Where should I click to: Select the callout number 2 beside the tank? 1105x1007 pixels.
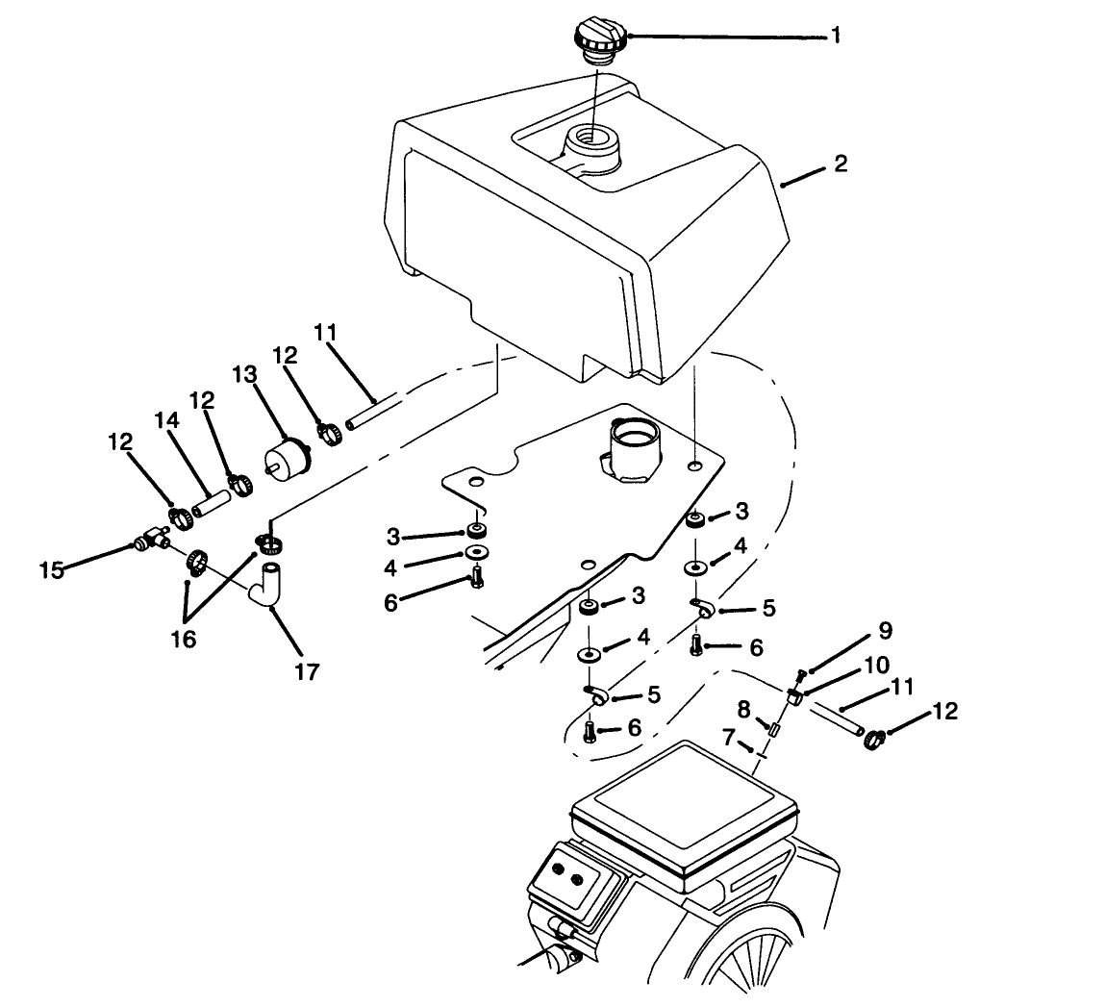pyautogui.click(x=841, y=164)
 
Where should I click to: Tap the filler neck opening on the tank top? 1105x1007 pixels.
pyautogui.click(x=591, y=140)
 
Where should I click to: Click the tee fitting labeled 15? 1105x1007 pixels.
pyautogui.click(x=151, y=543)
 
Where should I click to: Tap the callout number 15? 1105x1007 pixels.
pyautogui.click(x=51, y=570)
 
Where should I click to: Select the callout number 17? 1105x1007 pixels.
pyautogui.click(x=305, y=670)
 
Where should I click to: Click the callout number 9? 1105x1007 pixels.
pyautogui.click(x=885, y=631)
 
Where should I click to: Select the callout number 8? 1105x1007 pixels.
pyautogui.click(x=743, y=709)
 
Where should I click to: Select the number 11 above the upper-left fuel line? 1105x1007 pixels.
pyautogui.click(x=326, y=334)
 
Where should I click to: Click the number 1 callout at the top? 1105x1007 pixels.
pyautogui.click(x=836, y=36)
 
